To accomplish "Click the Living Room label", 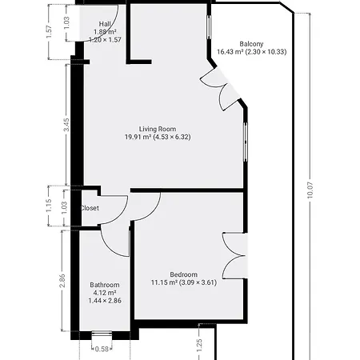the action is pyautogui.click(x=158, y=129).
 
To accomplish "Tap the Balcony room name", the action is pyautogui.click(x=251, y=44).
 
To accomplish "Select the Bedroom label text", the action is pyautogui.click(x=184, y=274).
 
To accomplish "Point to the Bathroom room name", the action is pyautogui.click(x=105, y=285).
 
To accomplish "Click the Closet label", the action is pyautogui.click(x=90, y=208).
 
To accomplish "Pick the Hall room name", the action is pyautogui.click(x=105, y=24).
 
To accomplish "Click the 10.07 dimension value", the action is pyautogui.click(x=310, y=190).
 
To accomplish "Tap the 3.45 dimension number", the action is pyautogui.click(x=66, y=125).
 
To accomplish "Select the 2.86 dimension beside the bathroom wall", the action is pyautogui.click(x=62, y=281).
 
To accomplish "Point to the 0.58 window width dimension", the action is pyautogui.click(x=102, y=349).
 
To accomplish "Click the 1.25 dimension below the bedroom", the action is pyautogui.click(x=199, y=346).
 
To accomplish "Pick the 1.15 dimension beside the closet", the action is pyautogui.click(x=49, y=206).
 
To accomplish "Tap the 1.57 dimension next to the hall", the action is pyautogui.click(x=49, y=32).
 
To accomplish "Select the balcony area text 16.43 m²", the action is pyautogui.click(x=230, y=52).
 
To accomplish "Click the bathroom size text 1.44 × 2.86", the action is pyautogui.click(x=105, y=301).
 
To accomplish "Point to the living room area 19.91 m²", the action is pyautogui.click(x=138, y=137).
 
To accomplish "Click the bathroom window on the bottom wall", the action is pyautogui.click(x=102, y=335).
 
